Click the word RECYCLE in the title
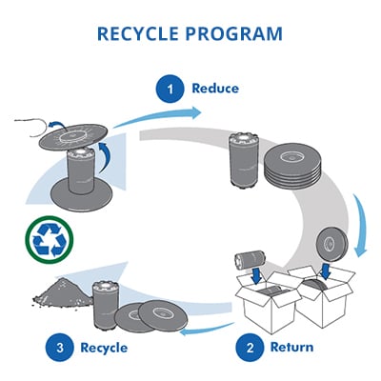click(x=139, y=33)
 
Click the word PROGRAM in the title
click(x=234, y=33)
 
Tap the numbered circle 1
click(x=170, y=89)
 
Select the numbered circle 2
click(x=250, y=347)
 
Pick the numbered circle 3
click(x=60, y=347)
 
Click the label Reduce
click(x=215, y=89)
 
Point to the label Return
click(x=291, y=347)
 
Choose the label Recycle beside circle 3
click(x=104, y=348)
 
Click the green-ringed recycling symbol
click(x=49, y=240)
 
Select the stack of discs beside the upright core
click(x=292, y=166)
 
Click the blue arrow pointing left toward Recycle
click(x=207, y=330)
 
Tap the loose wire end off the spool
click(x=31, y=125)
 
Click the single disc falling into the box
click(x=333, y=245)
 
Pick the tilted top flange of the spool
click(x=73, y=136)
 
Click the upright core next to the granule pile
click(x=106, y=304)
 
